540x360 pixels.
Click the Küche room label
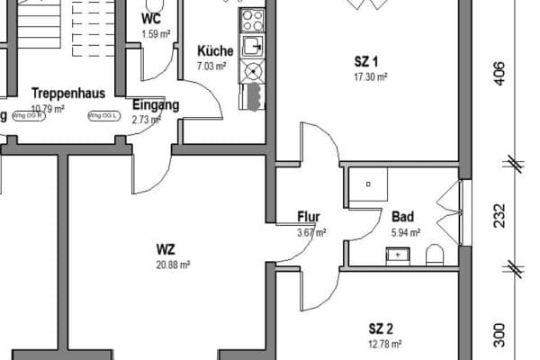click(x=216, y=50)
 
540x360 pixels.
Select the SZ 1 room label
click(x=366, y=62)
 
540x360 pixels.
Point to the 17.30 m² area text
click(x=369, y=77)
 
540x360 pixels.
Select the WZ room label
click(x=166, y=248)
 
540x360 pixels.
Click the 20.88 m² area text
click(x=172, y=265)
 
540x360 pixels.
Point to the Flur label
click(x=309, y=217)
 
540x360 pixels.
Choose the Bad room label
click(x=402, y=217)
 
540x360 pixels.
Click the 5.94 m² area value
click(x=405, y=232)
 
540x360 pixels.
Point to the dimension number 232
click(x=499, y=217)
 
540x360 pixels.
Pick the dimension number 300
click(x=499, y=336)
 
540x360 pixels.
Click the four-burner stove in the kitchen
click(x=252, y=19)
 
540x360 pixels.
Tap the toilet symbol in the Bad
click(x=435, y=254)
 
